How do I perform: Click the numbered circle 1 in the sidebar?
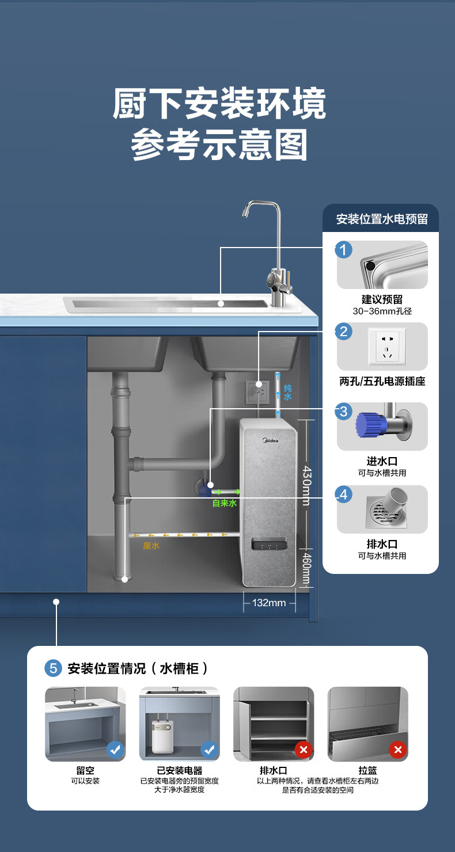pyautogui.click(x=344, y=250)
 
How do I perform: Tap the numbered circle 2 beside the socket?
pyautogui.click(x=344, y=332)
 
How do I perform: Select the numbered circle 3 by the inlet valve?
pyautogui.click(x=344, y=411)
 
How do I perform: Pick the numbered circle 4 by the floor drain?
pyautogui.click(x=344, y=494)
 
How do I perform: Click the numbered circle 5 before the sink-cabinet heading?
pyautogui.click(x=53, y=668)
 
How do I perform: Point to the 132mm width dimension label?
pyautogui.click(x=269, y=603)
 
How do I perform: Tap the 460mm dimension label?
pyautogui.click(x=307, y=567)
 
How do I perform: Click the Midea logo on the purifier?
pyautogui.click(x=270, y=441)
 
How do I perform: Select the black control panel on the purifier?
pyautogui.click(x=270, y=545)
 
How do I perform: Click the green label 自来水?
pyautogui.click(x=225, y=503)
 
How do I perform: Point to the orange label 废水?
pyautogui.click(x=151, y=546)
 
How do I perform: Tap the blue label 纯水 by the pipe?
pyautogui.click(x=287, y=393)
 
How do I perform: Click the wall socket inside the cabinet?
pyautogui.click(x=258, y=391)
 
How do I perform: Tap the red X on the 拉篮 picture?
pyautogui.click(x=397, y=749)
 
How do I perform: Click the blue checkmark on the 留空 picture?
pyautogui.click(x=116, y=749)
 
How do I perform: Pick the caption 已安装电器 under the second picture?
pyautogui.click(x=180, y=770)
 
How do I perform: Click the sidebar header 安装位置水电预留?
pyautogui.click(x=382, y=219)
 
